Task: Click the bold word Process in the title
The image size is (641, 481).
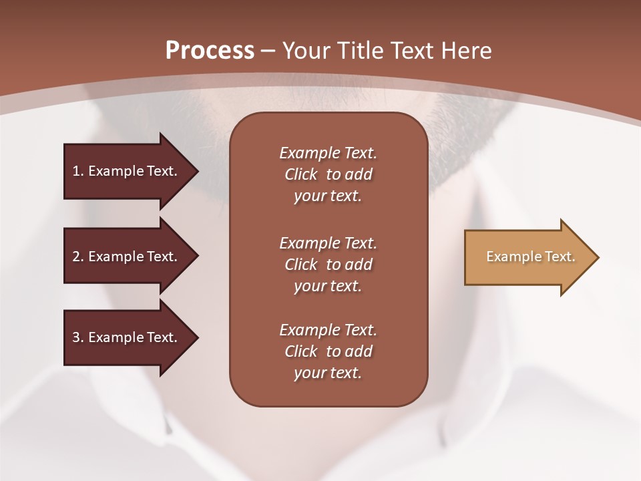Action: (x=210, y=50)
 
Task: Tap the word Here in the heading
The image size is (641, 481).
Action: (x=467, y=50)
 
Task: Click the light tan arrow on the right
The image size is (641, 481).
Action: (x=527, y=257)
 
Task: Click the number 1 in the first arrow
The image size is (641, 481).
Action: (x=76, y=171)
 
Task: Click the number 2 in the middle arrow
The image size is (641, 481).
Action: (x=76, y=257)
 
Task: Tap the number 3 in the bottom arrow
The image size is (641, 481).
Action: (x=76, y=337)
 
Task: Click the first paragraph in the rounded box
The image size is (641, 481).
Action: (x=328, y=174)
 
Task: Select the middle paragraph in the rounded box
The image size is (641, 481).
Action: (x=328, y=265)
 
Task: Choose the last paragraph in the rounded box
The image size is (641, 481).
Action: (x=328, y=351)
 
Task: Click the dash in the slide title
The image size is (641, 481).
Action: (x=268, y=51)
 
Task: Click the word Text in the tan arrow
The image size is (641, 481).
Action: (x=561, y=257)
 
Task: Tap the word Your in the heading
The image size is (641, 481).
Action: (x=305, y=50)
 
